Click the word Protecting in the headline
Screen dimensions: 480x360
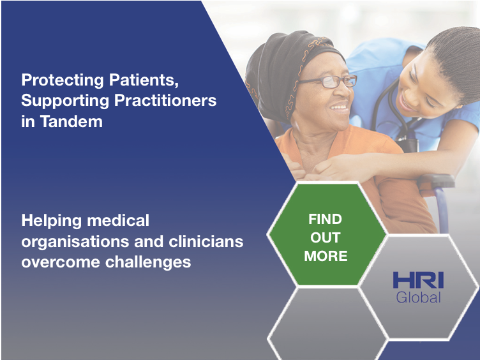63,80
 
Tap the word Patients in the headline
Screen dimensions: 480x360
144,80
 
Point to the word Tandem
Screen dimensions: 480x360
71,121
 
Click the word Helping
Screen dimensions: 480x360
52,221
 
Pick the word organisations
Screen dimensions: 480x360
75,242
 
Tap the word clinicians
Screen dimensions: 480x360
206,241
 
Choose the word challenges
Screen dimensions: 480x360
148,262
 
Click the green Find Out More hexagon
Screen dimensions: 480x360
327,235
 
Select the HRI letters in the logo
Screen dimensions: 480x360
418,280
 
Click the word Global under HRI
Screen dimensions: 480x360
418,297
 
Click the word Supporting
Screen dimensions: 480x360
65,101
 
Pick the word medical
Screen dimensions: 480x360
118,220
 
